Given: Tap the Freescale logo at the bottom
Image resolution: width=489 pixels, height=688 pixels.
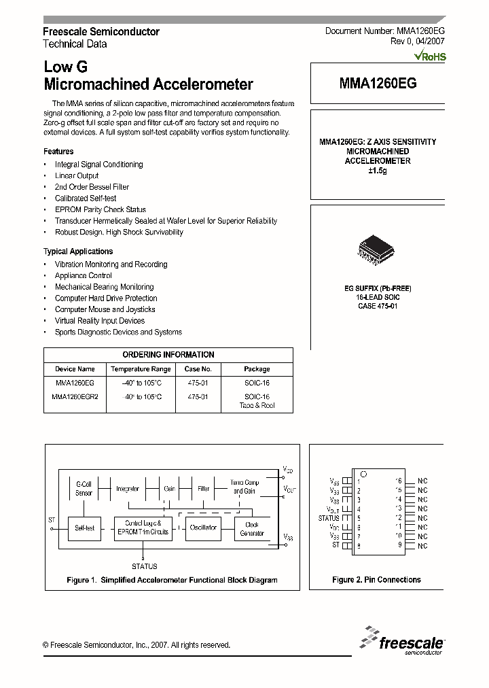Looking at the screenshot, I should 403,641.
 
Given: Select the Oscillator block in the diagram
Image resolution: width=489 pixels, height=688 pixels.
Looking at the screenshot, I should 203,528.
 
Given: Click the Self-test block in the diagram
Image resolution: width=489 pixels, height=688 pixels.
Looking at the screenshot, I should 85,528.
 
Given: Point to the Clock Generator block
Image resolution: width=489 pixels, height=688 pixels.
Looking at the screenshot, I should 252,528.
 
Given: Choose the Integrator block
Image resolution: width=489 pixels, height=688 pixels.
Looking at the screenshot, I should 128,488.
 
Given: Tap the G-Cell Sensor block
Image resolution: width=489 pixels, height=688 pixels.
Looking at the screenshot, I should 84,488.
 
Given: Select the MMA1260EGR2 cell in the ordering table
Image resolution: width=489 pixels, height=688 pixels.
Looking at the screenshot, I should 75,396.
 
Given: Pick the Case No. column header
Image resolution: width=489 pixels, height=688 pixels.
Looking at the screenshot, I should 198,369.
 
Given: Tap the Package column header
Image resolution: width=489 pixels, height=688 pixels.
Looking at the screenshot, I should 257,369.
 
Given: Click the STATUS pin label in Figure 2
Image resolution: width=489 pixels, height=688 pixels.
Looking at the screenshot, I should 329,517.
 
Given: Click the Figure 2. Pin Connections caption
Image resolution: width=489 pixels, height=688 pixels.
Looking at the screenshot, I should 376,580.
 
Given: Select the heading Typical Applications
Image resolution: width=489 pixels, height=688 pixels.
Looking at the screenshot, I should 78,252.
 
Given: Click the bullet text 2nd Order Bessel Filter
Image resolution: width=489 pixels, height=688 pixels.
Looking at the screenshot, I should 92,187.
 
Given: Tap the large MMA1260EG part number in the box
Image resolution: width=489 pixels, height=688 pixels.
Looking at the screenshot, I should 378,83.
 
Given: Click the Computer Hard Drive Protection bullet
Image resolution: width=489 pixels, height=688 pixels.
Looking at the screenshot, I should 106,298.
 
